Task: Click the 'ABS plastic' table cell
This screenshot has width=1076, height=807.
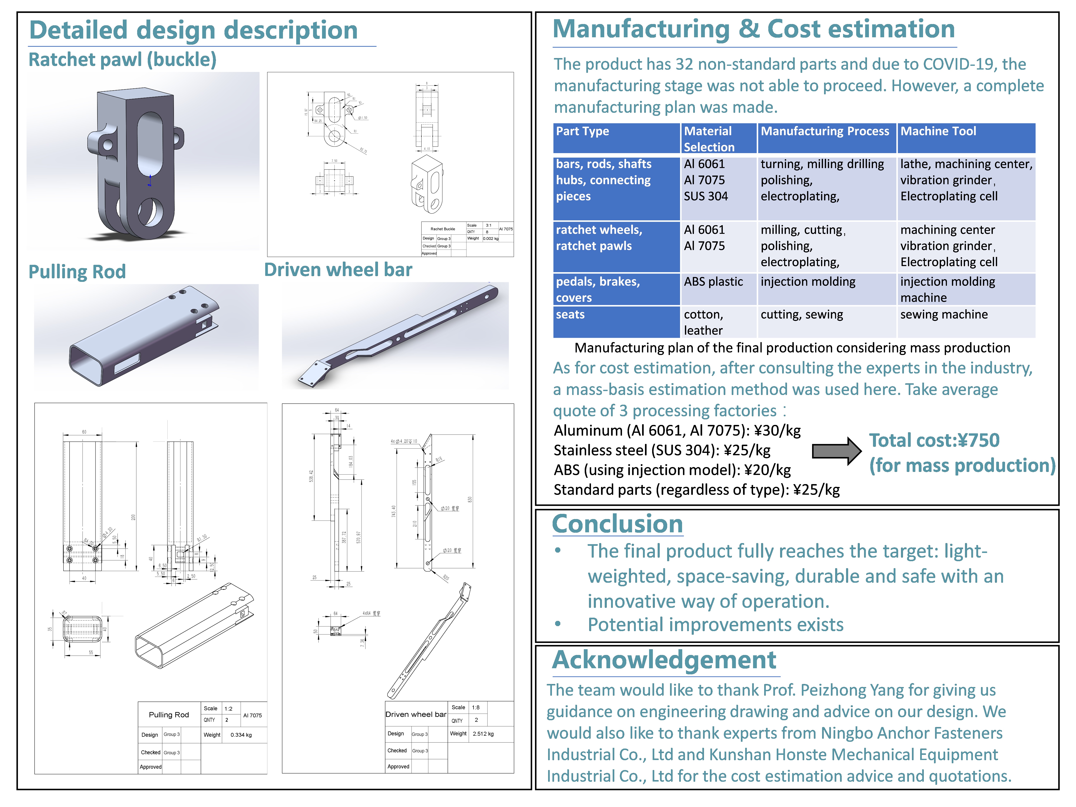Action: pos(713,282)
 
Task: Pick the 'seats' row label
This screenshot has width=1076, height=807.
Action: pos(570,315)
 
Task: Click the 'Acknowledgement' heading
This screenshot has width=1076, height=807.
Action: pos(664,660)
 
